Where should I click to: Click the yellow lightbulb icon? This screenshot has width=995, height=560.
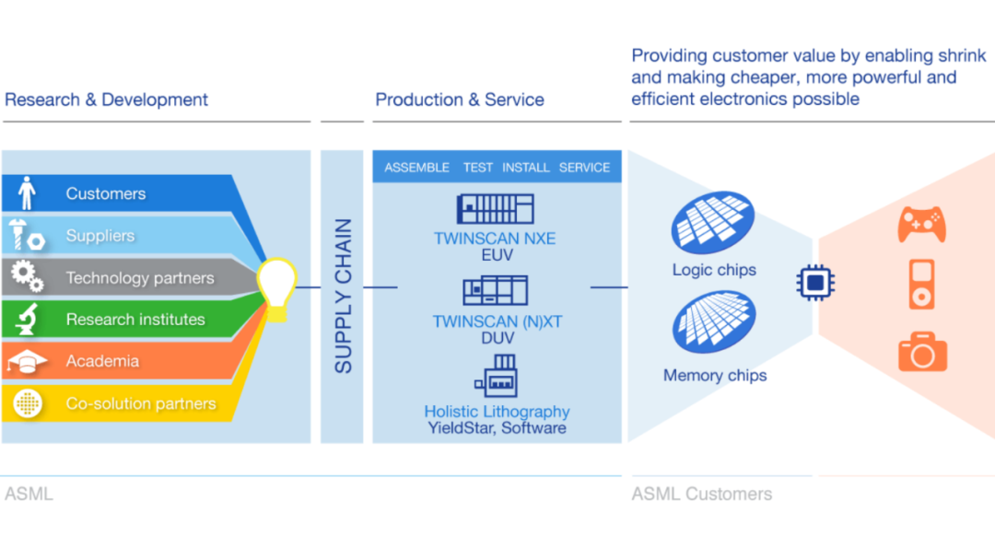pos(277,287)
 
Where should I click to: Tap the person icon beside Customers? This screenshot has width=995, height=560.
pos(27,193)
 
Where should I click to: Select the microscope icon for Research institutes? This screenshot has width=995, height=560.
pos(27,320)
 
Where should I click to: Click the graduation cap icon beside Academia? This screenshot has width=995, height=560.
pos(27,362)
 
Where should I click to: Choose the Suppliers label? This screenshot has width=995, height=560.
pos(99,236)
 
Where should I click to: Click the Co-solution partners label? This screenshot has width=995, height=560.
pos(140,403)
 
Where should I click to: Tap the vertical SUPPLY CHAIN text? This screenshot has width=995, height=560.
pos(343,296)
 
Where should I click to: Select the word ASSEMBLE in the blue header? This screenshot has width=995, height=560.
pos(416,168)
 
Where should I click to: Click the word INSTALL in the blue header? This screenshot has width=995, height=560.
pos(526,168)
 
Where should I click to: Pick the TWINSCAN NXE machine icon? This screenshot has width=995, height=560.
pos(496,208)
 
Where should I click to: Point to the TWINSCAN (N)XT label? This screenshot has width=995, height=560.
pos(496,321)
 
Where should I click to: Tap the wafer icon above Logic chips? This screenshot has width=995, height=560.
pos(713,221)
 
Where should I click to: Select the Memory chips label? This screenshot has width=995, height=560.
pos(715,375)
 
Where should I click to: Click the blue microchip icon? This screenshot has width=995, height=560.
pos(814,283)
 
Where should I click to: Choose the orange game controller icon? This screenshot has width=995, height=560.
pos(921,224)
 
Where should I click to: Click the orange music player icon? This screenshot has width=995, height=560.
pos(922,285)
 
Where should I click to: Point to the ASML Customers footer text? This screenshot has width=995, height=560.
pos(701,494)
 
